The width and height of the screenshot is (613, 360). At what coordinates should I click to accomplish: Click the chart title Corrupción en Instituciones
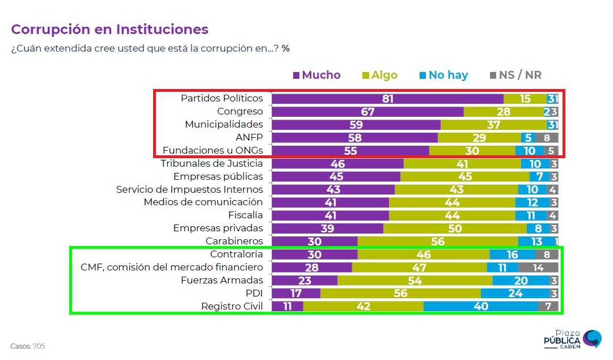pos(109,29)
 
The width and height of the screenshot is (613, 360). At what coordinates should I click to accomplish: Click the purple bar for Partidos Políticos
pos(387,99)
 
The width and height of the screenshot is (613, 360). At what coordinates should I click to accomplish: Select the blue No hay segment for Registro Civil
pos(480,307)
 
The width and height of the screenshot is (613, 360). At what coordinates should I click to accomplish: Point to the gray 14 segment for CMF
pos(538,268)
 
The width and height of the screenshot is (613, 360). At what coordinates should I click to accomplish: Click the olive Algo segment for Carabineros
pos(437,242)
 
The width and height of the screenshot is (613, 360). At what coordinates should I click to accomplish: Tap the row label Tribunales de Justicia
pos(212,163)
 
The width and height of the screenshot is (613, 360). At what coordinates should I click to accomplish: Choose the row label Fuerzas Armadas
pos(222,280)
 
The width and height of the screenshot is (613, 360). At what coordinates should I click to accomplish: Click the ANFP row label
pos(249,138)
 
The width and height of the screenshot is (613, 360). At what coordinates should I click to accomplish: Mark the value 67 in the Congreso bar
pos(367,112)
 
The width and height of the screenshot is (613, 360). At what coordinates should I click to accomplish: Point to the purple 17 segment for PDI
pos(296,294)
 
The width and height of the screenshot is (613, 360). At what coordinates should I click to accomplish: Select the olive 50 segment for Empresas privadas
pos(455,228)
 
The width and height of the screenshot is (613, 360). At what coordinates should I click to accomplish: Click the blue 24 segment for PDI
pos(515,294)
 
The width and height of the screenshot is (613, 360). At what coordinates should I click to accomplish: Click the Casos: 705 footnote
pos(27,346)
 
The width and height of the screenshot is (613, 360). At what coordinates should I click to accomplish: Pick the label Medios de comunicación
pos(203,202)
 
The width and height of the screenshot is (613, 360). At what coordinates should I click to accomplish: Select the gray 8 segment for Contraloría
pos(546,255)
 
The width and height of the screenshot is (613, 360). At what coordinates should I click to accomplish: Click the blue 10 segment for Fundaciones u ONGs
pos(529,151)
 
